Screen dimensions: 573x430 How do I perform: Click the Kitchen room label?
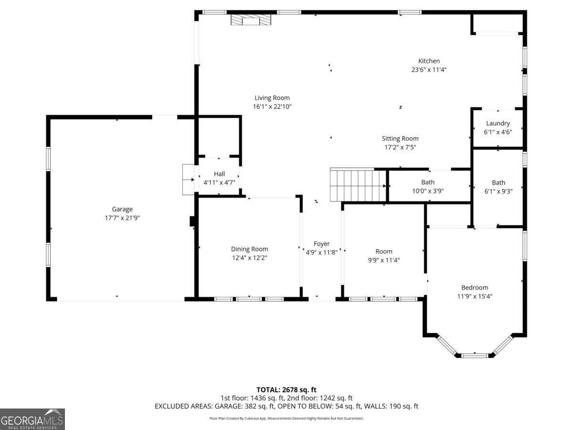tap(429, 61)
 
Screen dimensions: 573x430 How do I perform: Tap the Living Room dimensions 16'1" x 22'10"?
tap(272, 107)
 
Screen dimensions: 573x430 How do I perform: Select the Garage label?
tap(122, 209)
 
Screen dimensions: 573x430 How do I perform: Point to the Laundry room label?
tap(498, 123)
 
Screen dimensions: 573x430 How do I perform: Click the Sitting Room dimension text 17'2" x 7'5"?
tap(400, 147)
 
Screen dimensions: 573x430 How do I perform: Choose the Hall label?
tap(219, 174)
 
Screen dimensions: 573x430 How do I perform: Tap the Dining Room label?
tap(249, 249)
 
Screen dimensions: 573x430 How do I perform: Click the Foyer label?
tap(322, 244)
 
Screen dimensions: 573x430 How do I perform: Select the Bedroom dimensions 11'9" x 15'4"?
tap(475, 296)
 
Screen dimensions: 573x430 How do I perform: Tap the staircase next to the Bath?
tap(358, 185)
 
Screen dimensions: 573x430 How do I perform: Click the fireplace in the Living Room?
tap(251, 20)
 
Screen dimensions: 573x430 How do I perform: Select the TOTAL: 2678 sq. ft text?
tap(286, 390)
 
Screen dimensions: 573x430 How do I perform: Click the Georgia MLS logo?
tap(32, 419)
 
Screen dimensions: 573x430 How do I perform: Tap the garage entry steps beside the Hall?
tap(188, 180)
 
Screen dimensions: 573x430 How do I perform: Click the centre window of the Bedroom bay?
tap(475, 355)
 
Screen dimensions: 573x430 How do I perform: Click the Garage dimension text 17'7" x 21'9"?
tap(122, 218)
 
